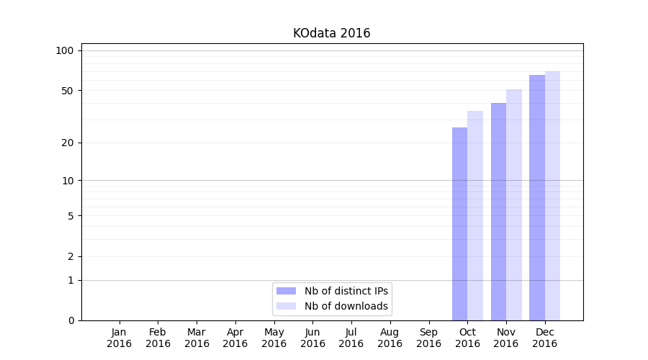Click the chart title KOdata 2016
click(331, 33)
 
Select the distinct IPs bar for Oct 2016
click(459, 223)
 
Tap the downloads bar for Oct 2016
click(475, 216)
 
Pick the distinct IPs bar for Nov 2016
click(498, 212)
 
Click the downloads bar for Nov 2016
click(514, 205)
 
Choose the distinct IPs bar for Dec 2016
click(537, 197)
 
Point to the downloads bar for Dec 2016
click(552, 196)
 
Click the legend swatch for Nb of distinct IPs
click(286, 291)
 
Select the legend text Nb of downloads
click(346, 306)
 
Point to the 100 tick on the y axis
click(65, 50)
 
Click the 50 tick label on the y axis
click(68, 91)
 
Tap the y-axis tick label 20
click(68, 143)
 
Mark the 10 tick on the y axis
click(68, 180)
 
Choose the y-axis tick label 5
click(71, 215)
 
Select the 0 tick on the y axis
click(71, 320)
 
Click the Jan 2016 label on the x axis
click(119, 338)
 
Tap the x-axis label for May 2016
click(274, 338)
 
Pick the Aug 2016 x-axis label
click(390, 338)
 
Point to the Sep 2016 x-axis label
click(428, 338)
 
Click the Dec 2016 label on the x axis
click(544, 338)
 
